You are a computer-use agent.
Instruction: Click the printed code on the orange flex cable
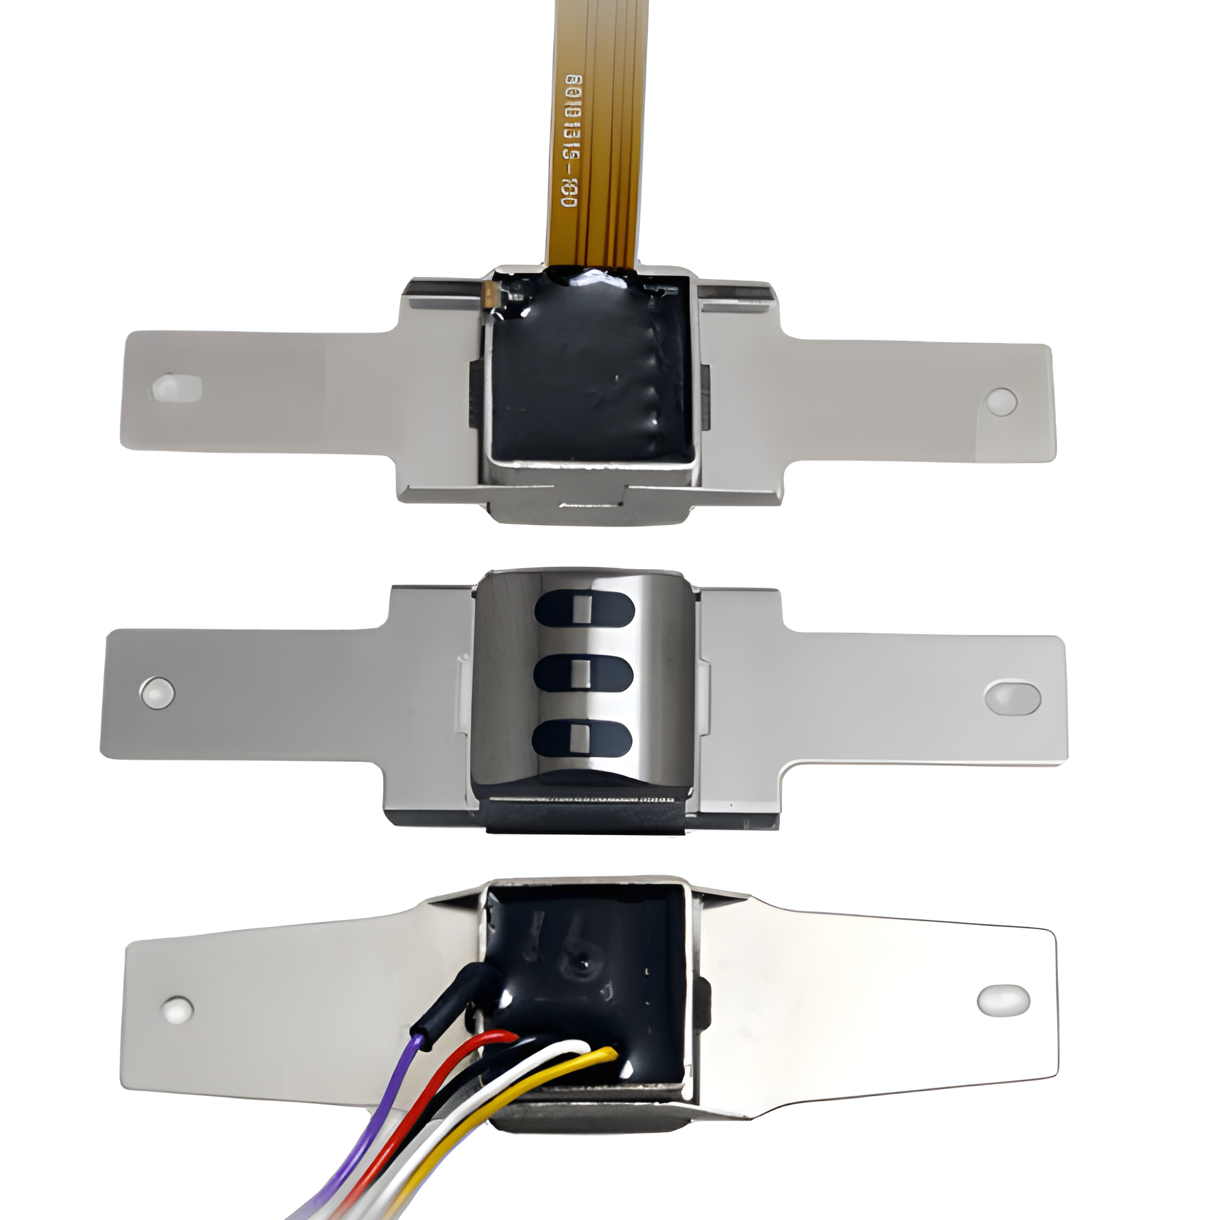572,142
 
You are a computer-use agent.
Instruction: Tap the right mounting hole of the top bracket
1002,401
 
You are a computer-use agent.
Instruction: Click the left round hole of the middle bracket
157,692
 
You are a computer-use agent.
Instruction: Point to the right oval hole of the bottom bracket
1003,1000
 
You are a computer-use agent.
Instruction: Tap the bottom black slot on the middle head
582,737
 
